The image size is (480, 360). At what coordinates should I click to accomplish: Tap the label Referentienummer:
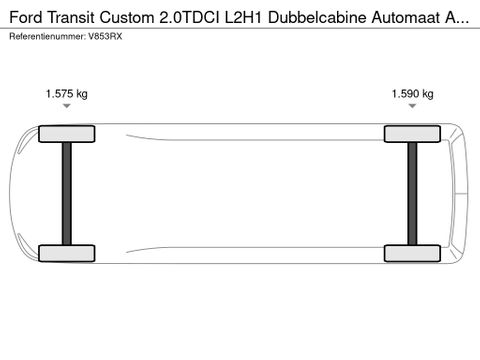pos(46,35)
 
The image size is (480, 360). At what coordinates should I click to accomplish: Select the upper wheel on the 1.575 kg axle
pos(66,133)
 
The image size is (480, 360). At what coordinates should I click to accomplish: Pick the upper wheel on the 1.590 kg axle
pos(412,133)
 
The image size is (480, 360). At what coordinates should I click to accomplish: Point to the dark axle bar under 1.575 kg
pos(66,193)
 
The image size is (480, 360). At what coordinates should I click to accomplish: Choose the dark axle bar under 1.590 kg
pos(412,193)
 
